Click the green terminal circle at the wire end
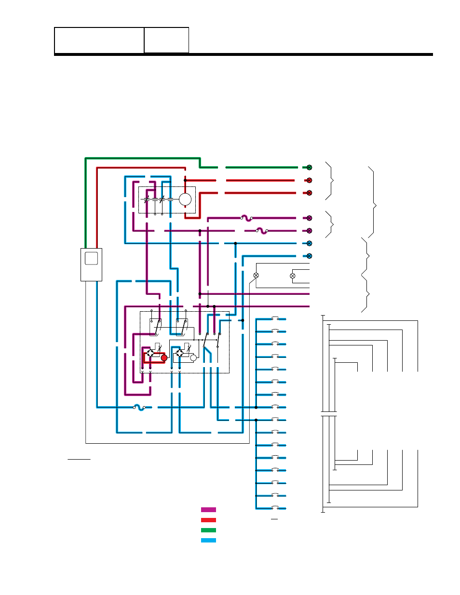(x=309, y=168)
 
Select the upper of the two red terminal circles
(x=309, y=180)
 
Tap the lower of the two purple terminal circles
(x=309, y=231)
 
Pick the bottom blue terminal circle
(x=309, y=256)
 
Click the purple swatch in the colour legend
(x=208, y=510)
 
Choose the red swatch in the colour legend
(x=208, y=520)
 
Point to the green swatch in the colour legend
(x=208, y=530)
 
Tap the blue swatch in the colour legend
(x=208, y=540)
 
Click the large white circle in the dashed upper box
(x=185, y=199)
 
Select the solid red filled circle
(x=164, y=358)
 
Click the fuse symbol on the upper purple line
(x=246, y=218)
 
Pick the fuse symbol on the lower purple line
(x=262, y=231)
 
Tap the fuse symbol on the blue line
(x=139, y=407)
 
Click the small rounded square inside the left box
(x=91, y=258)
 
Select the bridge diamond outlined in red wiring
(x=150, y=353)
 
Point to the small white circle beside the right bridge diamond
(x=193, y=357)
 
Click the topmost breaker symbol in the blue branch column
(x=279, y=318)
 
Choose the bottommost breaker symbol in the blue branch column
(x=279, y=508)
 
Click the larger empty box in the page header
(x=99, y=40)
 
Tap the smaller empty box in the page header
(x=166, y=40)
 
